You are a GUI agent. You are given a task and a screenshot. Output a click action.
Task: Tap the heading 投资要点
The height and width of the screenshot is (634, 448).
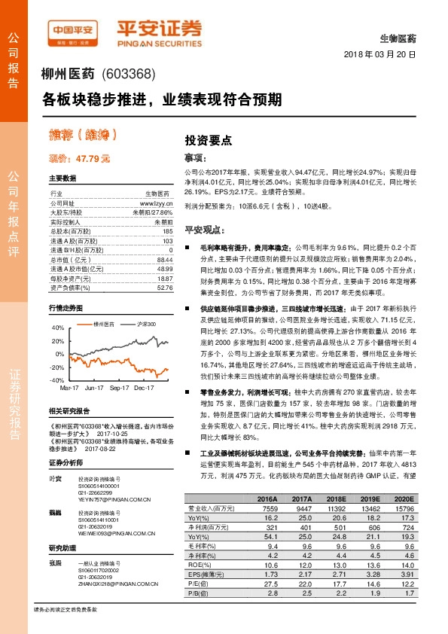(x=208, y=140)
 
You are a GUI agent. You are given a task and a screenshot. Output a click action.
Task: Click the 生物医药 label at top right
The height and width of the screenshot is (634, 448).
(x=403, y=38)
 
